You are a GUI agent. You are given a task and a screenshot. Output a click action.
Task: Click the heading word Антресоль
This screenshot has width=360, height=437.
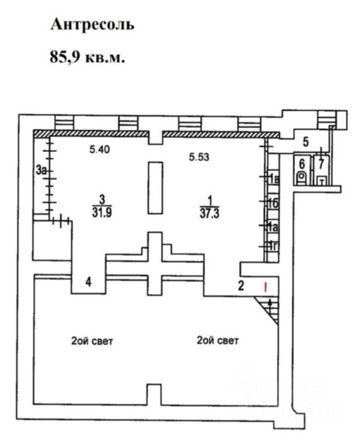point(92,24)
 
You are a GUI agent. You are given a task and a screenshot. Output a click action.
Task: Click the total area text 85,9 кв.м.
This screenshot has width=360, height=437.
point(87,57)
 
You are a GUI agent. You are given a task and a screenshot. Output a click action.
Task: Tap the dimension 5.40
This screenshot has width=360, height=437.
point(100,150)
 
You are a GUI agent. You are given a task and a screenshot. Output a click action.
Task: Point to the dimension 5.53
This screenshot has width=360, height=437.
point(199,157)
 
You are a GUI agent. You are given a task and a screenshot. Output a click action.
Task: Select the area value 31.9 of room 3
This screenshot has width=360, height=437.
point(102,213)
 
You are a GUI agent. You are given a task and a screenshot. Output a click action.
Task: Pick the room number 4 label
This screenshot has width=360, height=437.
point(89,282)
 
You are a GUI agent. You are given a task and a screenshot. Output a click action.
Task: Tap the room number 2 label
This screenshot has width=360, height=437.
point(241,286)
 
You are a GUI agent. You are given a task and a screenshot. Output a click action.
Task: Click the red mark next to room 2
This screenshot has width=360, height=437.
point(266,287)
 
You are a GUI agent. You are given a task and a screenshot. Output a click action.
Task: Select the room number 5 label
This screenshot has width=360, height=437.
point(306,142)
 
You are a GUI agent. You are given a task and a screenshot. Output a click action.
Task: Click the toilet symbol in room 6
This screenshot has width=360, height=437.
point(302,178)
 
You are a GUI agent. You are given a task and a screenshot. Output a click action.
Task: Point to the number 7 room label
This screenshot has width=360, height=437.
point(321,164)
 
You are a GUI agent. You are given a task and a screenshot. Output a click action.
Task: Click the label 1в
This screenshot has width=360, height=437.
point(273,180)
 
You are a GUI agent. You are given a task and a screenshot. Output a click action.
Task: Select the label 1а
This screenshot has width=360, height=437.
point(273,228)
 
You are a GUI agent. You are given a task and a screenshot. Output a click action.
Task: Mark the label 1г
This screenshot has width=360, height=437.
point(273,247)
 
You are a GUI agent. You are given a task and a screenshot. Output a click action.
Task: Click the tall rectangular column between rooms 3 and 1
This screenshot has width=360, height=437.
point(155,188)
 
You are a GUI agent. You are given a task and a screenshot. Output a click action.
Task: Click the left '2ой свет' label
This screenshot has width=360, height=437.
point(92,341)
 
